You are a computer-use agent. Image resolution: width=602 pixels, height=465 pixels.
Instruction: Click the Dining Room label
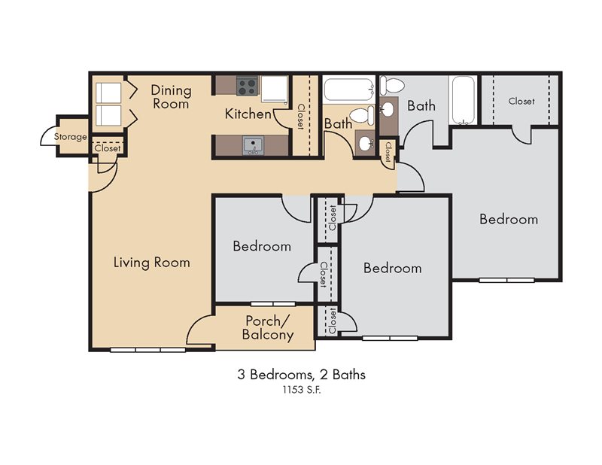[171, 97]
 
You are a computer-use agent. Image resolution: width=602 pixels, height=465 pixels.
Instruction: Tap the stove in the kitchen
[247, 86]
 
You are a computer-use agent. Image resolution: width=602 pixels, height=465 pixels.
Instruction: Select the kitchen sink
[253, 146]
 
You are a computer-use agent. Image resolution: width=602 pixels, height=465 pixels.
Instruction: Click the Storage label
[70, 137]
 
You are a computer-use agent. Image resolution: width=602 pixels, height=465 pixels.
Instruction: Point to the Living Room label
[152, 263]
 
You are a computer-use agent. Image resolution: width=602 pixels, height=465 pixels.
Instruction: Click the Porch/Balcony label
[268, 327]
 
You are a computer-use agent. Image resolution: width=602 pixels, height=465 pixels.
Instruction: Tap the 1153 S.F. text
[302, 390]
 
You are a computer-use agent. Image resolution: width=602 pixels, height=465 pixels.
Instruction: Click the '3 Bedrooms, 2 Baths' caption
[302, 374]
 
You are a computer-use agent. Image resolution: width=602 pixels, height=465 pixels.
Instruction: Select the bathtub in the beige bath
[349, 90]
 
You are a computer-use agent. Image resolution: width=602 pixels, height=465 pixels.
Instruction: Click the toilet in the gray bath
[391, 85]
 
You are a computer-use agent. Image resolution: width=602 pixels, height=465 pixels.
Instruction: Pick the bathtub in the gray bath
[464, 101]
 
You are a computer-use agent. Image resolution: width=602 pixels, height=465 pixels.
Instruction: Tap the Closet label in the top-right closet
[521, 102]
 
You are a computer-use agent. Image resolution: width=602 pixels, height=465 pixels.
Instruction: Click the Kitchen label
[248, 114]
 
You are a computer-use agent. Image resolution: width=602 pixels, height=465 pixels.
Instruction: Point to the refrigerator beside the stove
[275, 89]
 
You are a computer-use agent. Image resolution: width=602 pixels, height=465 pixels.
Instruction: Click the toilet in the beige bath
[362, 115]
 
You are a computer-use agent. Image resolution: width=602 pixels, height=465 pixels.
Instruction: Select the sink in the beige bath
[365, 144]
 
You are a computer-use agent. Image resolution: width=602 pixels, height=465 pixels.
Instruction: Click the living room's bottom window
[147, 350]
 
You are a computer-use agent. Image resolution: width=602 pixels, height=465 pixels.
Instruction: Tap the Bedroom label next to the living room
[262, 246]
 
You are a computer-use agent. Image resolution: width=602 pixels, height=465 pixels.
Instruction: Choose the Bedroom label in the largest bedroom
[509, 219]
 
